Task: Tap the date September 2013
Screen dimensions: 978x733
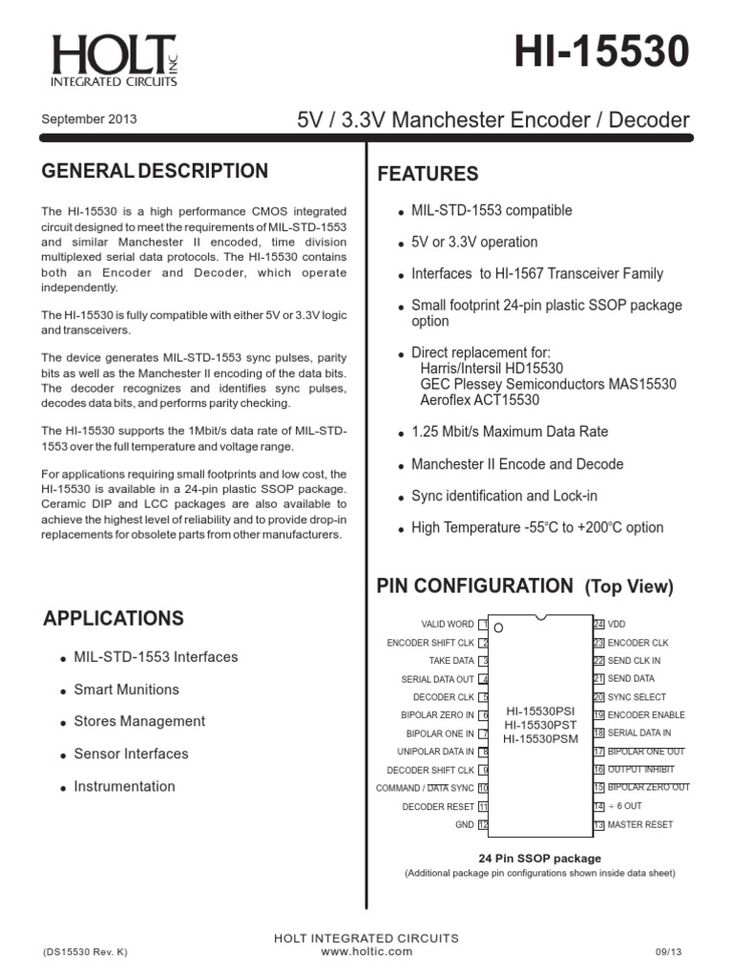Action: point(90,119)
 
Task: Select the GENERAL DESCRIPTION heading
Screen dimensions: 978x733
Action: point(156,171)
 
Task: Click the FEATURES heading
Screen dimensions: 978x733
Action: point(428,174)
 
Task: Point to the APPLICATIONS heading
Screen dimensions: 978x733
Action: point(114,618)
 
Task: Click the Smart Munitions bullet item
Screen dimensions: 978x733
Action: point(126,690)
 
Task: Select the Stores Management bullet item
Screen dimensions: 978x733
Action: point(139,721)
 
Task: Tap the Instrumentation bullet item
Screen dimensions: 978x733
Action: point(124,786)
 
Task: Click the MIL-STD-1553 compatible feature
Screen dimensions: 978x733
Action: point(492,210)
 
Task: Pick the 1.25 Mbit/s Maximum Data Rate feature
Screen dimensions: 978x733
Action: point(509,432)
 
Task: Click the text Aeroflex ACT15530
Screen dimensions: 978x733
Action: point(480,400)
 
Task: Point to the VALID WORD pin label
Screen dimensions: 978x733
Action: point(448,625)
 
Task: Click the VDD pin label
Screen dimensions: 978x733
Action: point(617,625)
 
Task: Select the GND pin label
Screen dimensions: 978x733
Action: point(464,824)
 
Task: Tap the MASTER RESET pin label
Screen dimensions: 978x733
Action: point(639,824)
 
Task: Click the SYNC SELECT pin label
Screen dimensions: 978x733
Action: point(637,697)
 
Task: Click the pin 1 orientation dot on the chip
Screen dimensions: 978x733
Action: point(498,628)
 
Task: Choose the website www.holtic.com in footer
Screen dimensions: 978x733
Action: point(366,951)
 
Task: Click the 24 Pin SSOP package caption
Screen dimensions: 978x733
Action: point(539,859)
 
